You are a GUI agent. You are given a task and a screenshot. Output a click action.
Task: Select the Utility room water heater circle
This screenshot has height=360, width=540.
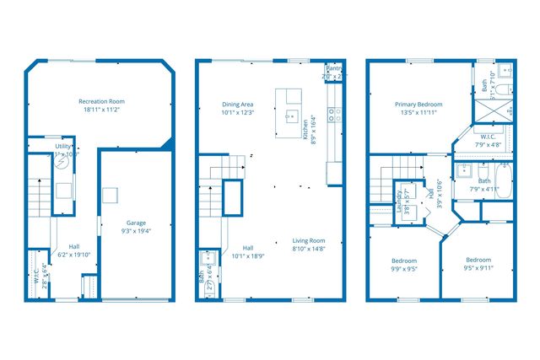tap(60, 165)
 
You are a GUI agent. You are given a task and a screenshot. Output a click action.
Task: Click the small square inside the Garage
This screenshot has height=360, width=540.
tap(110, 196)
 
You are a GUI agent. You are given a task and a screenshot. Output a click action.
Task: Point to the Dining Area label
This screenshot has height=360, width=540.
tap(238, 104)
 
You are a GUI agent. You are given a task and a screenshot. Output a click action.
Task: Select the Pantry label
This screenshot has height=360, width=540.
tap(334, 69)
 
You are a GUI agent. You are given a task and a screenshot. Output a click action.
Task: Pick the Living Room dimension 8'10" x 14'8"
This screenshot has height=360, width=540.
tap(308, 249)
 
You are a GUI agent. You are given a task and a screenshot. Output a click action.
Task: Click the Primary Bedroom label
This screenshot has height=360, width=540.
tap(418, 104)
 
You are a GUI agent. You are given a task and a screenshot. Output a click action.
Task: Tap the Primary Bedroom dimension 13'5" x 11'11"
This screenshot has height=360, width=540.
tap(418, 112)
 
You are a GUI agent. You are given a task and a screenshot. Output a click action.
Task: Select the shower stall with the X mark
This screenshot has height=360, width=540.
tap(489, 109)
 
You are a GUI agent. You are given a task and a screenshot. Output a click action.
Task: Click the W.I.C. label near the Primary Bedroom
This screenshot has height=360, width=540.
tap(487, 136)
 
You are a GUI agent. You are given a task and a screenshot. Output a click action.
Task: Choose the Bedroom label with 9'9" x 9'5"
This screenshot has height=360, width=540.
tap(403, 261)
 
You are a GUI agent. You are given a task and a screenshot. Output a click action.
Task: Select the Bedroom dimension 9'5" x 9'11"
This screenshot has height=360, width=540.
tap(478, 268)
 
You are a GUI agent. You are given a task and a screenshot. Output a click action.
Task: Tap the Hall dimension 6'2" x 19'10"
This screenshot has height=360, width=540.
tap(74, 256)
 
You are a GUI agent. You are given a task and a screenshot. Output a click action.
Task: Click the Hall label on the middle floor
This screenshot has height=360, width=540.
tap(248, 248)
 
